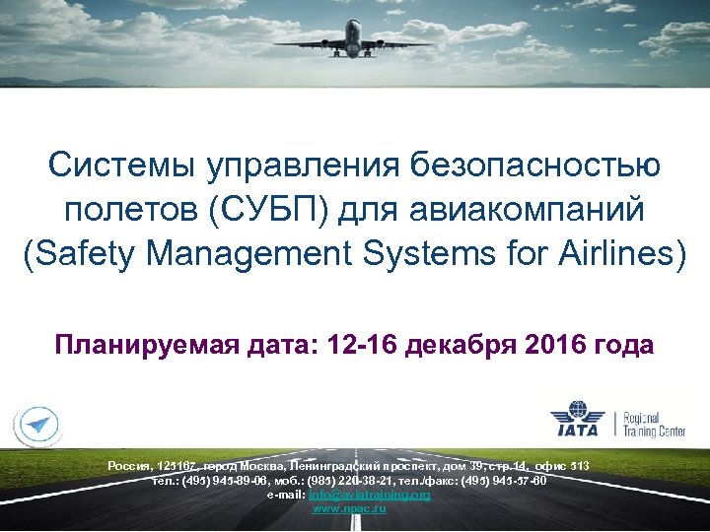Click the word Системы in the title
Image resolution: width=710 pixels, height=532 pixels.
(x=120, y=166)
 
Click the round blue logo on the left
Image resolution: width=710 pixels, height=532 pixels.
(x=37, y=424)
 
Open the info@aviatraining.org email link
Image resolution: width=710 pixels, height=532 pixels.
(x=370, y=495)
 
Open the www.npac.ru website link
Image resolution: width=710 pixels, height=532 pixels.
(x=348, y=508)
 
